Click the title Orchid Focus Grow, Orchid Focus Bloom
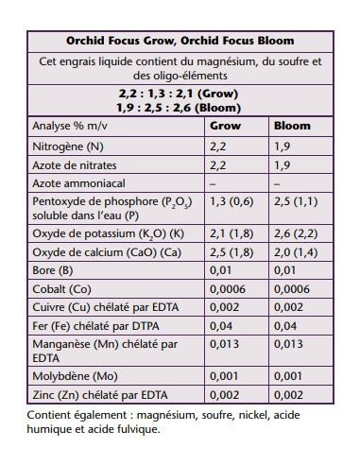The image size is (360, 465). pos(180,41)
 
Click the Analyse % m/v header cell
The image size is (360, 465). pos(72,126)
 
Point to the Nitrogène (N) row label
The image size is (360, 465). pos(68,146)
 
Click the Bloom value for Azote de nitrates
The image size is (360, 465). pos(282,164)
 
